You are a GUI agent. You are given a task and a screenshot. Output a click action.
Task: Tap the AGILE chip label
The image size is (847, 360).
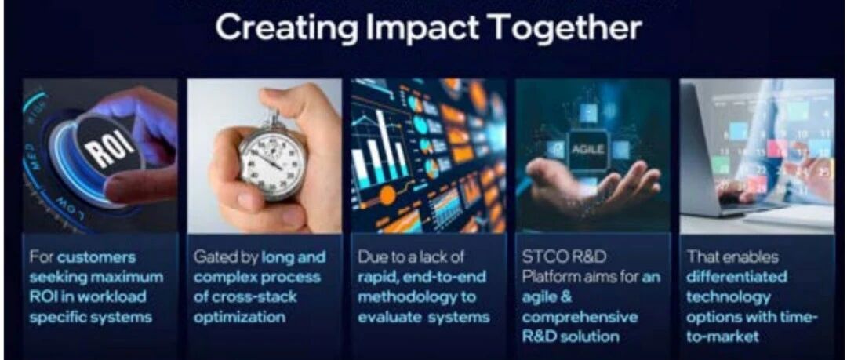pyautogui.click(x=588, y=148)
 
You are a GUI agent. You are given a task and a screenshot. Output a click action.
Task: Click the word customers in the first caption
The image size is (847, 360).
pyautogui.click(x=97, y=257)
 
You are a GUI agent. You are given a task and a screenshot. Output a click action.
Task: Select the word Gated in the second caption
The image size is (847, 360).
pyautogui.click(x=213, y=257)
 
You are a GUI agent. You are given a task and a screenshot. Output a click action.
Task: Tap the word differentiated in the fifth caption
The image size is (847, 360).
pyautogui.click(x=736, y=278)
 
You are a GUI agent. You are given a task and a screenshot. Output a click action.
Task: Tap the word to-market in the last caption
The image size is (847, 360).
pyautogui.click(x=722, y=336)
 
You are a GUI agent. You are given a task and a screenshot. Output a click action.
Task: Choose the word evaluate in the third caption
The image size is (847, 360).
pyautogui.click(x=389, y=317)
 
